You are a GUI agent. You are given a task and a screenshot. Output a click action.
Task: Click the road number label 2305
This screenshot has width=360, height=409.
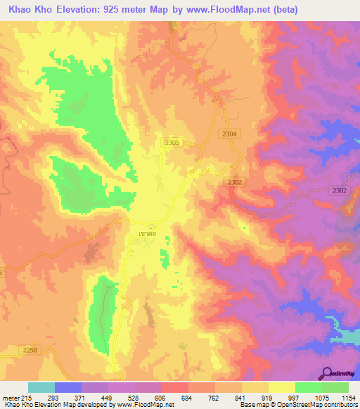pyautogui.click(x=172, y=143)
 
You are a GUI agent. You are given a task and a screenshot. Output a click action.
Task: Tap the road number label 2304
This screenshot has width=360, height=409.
pyautogui.click(x=229, y=134)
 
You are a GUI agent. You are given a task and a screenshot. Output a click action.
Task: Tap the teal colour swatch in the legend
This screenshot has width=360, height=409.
pyautogui.click(x=41, y=387)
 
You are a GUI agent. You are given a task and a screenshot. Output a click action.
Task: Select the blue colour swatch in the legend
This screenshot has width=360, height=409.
pyautogui.click(x=68, y=387)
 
